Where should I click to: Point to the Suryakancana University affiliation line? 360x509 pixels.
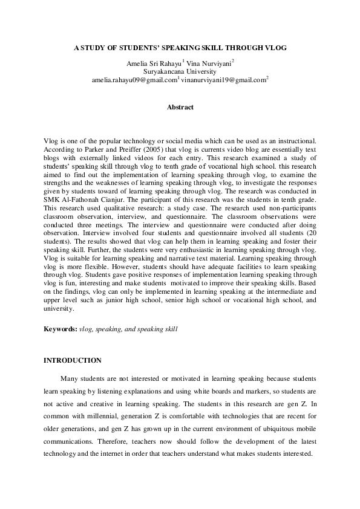point(180,71)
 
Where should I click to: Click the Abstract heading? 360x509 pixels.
point(180,108)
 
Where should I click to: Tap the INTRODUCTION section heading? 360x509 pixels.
point(73,360)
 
